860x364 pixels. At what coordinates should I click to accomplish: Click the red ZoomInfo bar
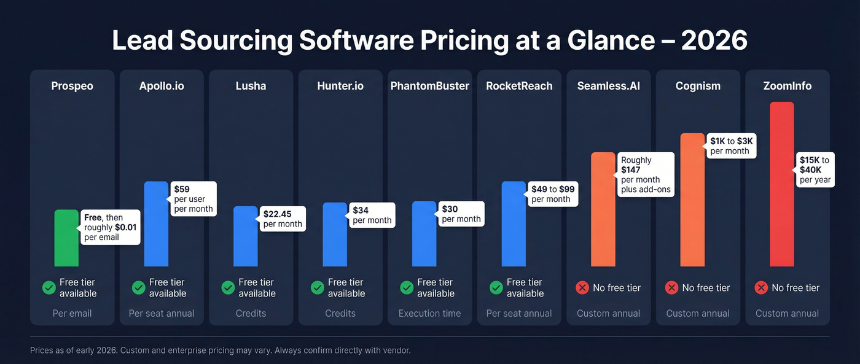tap(781, 184)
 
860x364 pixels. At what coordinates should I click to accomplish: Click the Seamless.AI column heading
tap(608, 86)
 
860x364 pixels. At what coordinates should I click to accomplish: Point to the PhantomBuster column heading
tap(429, 86)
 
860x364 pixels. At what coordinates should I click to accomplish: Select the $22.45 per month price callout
tap(283, 219)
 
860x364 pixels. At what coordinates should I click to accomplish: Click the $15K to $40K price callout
tap(815, 170)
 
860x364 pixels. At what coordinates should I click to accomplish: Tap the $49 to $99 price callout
tap(553, 194)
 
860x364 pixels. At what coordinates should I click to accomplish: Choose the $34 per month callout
tap(372, 215)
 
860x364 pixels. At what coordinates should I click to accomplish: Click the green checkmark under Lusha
tap(228, 288)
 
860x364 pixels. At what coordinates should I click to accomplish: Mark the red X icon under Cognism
tap(672, 288)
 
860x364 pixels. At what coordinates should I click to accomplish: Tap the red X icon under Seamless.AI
tap(582, 288)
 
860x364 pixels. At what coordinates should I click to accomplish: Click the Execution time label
tap(429, 313)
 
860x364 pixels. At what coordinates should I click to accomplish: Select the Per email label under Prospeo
tap(72, 313)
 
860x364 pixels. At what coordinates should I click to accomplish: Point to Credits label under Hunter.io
tap(340, 313)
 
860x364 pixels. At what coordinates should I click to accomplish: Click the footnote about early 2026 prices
tap(220, 350)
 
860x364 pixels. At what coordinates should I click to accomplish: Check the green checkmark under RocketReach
tap(496, 288)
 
